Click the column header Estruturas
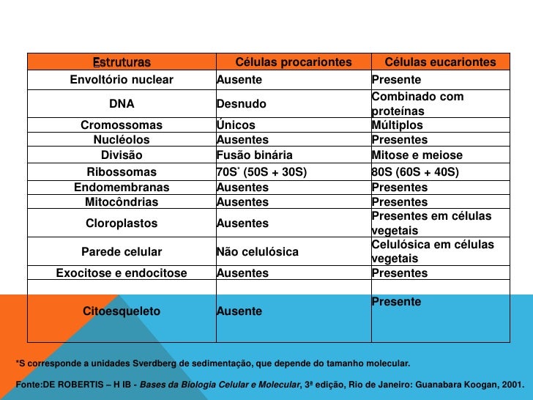click(x=122, y=62)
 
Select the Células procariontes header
click(x=294, y=62)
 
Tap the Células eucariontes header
click(x=440, y=62)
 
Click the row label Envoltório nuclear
click(x=122, y=79)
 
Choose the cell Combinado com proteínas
click(x=417, y=104)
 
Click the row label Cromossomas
click(x=122, y=125)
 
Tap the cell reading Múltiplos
click(x=397, y=125)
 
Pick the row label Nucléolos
click(x=122, y=139)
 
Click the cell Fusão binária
click(x=254, y=155)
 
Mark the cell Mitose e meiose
click(x=417, y=155)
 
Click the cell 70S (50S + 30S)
click(x=261, y=172)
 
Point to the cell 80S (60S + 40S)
click(x=415, y=172)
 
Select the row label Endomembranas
click(x=122, y=188)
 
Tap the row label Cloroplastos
click(x=122, y=223)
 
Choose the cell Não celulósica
click(x=258, y=252)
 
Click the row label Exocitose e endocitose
click(x=122, y=273)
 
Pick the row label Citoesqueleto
click(x=122, y=311)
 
